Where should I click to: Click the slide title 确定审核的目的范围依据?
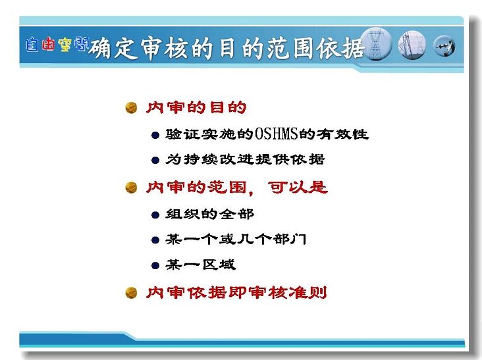(x=227, y=49)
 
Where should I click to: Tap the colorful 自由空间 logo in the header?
(x=57, y=45)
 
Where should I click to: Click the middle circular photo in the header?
(x=412, y=45)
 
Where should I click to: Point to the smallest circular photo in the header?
(x=444, y=46)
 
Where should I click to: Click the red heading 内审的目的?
(x=196, y=107)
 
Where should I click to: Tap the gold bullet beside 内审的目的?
(x=131, y=108)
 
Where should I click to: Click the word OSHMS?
(x=277, y=134)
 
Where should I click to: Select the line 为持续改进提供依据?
(x=245, y=159)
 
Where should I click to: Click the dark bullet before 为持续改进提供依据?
(x=155, y=160)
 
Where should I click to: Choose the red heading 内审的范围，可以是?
(x=236, y=188)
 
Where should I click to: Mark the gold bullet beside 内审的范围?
(x=131, y=188)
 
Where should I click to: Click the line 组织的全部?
(x=209, y=214)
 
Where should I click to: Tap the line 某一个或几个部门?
(x=236, y=240)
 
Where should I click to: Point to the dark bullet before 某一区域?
(x=155, y=265)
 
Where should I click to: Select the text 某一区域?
(x=200, y=265)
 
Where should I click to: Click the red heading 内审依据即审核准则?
(x=236, y=292)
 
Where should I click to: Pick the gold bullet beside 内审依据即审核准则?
(x=131, y=292)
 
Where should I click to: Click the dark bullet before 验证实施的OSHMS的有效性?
(x=155, y=135)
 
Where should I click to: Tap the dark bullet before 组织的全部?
(x=155, y=215)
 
